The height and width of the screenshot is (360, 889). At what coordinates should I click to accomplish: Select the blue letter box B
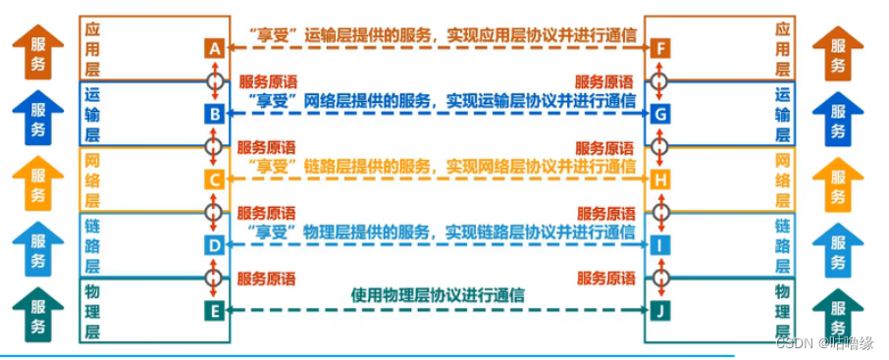click(x=215, y=115)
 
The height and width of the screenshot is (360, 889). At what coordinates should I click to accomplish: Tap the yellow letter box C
click(x=215, y=180)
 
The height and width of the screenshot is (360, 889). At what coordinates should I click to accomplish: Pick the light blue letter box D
click(x=215, y=246)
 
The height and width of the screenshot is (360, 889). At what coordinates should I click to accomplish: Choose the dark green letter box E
click(x=215, y=312)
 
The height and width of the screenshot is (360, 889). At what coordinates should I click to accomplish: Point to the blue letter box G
click(x=660, y=115)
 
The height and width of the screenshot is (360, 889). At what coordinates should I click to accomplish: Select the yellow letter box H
click(x=660, y=180)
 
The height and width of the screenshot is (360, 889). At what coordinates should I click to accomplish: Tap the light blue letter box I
click(x=660, y=246)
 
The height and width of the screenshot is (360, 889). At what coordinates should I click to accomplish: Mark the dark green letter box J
click(x=660, y=312)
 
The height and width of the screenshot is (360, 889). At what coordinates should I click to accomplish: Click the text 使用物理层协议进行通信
click(x=437, y=294)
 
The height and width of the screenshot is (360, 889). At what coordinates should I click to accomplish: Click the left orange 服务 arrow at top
click(x=37, y=51)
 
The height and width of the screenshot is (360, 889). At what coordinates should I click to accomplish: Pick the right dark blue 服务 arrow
click(x=839, y=118)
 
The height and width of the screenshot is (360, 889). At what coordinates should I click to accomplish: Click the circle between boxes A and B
click(x=215, y=81)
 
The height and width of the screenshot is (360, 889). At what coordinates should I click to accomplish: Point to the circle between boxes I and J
click(x=660, y=279)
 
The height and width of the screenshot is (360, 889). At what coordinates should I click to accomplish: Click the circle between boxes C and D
click(x=215, y=213)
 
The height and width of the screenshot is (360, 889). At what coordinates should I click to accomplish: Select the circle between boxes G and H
click(x=660, y=147)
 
